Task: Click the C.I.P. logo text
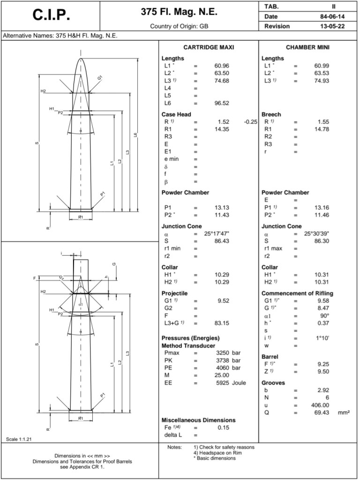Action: click(x=51, y=15)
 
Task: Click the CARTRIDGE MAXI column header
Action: click(x=209, y=47)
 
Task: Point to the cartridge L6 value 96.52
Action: click(x=221, y=103)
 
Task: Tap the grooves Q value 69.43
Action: click(x=321, y=413)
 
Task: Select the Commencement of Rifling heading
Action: click(x=297, y=294)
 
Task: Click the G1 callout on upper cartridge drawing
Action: click(x=100, y=77)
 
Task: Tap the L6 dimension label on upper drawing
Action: click(x=135, y=135)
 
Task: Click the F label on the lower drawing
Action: click(x=34, y=278)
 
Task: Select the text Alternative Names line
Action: click(x=60, y=36)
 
